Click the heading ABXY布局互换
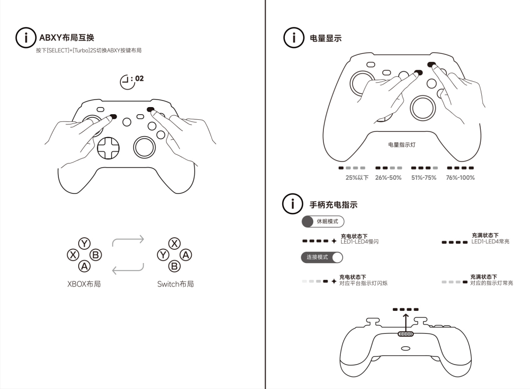tap(67, 38)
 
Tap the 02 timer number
tap(140, 79)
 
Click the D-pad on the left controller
tap(108, 148)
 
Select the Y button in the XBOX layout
tap(84, 244)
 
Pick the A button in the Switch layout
tap(186, 255)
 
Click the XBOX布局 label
tap(84, 284)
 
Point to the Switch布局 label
tap(176, 284)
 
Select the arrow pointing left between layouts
tap(128, 269)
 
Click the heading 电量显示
tap(325, 38)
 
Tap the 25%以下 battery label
tap(357, 178)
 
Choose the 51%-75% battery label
tap(424, 178)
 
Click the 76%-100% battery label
tap(460, 178)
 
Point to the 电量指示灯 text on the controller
tap(402, 145)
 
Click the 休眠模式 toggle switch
tap(323, 221)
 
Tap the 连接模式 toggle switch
tap(322, 257)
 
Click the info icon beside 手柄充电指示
tap(292, 204)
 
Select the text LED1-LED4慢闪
tap(359, 242)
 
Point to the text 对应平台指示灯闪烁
tap(363, 283)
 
